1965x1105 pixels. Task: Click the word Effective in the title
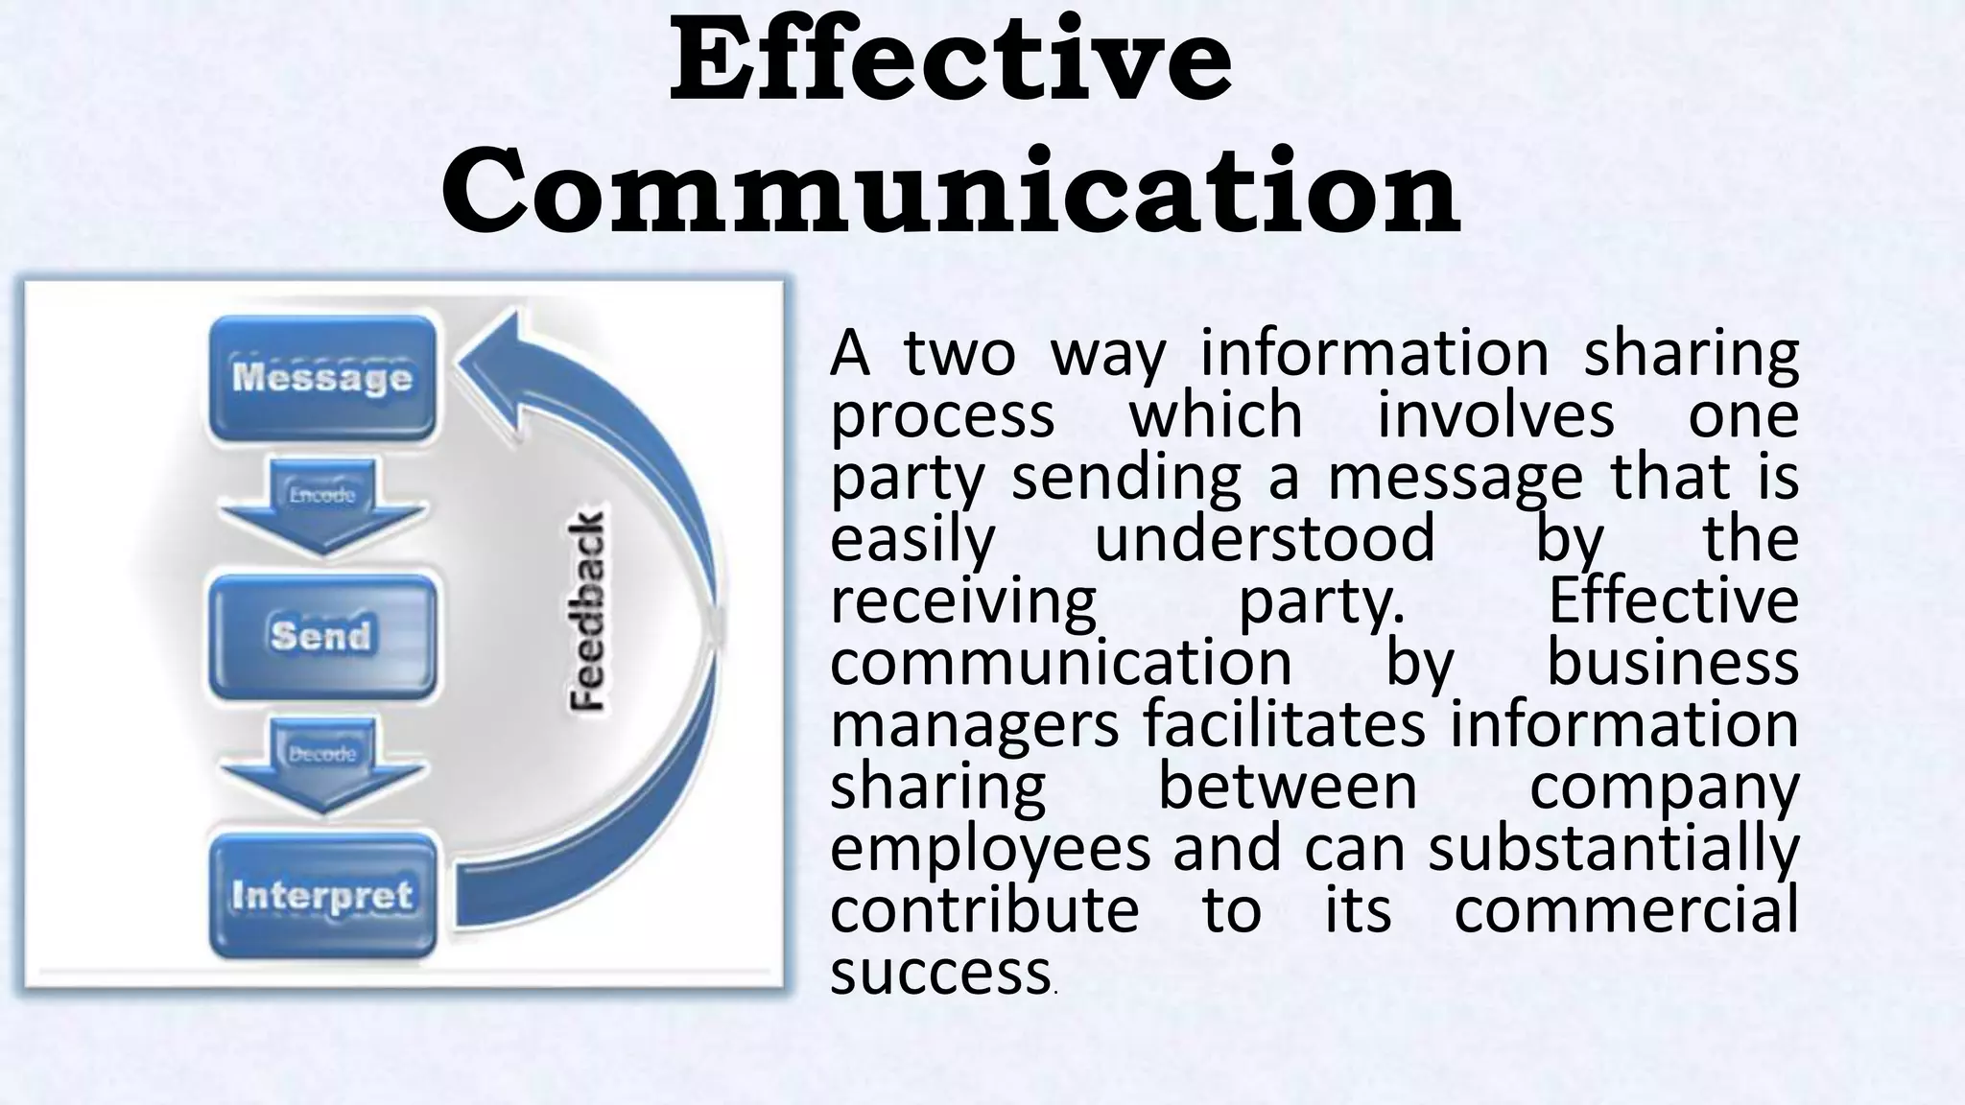point(950,59)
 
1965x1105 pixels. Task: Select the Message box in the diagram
point(322,377)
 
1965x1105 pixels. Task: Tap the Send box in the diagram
point(321,635)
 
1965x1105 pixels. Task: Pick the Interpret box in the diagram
point(322,895)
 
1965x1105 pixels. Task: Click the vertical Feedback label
point(587,611)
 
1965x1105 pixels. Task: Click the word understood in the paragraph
point(1265,539)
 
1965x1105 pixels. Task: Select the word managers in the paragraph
point(973,725)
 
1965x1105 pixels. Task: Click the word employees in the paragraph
point(989,849)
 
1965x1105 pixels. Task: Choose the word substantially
point(1613,849)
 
